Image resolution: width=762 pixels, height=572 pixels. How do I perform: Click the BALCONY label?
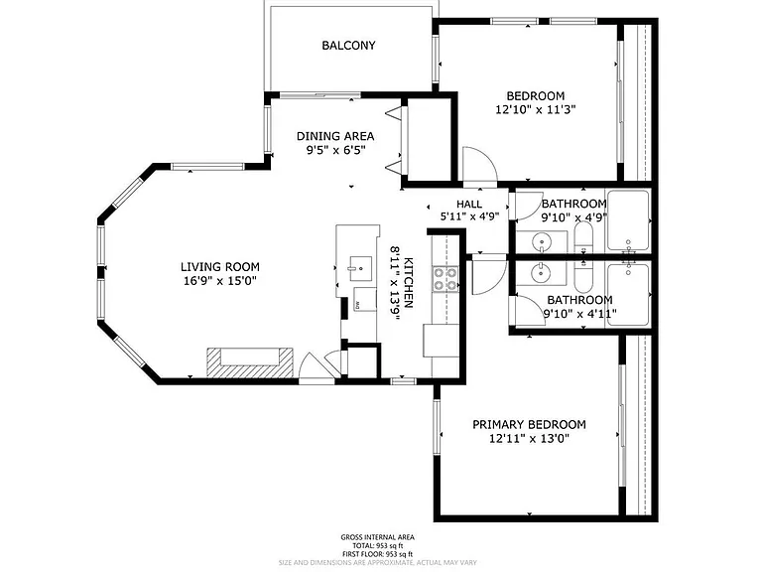(x=348, y=46)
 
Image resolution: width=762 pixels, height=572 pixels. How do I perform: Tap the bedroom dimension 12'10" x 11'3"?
(x=536, y=109)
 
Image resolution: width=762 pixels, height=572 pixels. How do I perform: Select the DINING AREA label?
(x=335, y=136)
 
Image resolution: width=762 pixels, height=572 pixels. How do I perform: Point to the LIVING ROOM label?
(x=220, y=266)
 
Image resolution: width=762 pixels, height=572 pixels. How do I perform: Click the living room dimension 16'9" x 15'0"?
(x=220, y=281)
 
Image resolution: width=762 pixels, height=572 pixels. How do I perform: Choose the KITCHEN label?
(x=409, y=283)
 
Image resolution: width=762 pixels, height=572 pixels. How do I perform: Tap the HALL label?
(x=469, y=205)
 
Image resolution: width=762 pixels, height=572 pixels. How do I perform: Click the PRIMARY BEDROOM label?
(x=529, y=425)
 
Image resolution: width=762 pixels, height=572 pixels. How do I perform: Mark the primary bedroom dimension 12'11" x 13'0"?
(x=529, y=439)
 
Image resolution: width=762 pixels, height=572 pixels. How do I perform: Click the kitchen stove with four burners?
(x=445, y=279)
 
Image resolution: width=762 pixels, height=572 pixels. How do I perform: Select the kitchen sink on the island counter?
(x=359, y=268)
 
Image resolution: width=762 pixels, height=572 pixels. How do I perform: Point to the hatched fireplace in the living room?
(x=250, y=361)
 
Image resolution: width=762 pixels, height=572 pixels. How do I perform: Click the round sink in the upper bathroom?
(x=541, y=241)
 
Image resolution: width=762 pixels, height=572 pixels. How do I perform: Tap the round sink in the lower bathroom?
(x=541, y=272)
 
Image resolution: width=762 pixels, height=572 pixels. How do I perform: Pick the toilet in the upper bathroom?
(x=583, y=237)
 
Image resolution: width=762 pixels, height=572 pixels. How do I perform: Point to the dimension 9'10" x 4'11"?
(x=579, y=314)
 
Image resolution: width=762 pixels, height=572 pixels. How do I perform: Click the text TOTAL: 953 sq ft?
(x=377, y=546)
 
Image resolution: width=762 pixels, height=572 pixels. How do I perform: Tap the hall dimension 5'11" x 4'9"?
(x=469, y=216)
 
